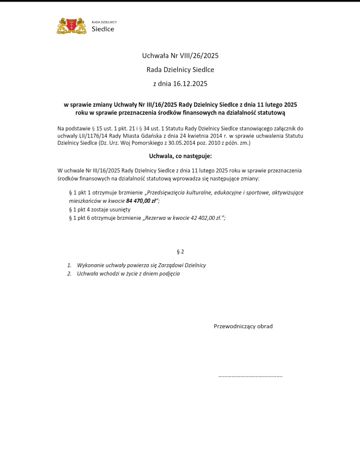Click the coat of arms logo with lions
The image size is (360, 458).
pyautogui.click(x=72, y=26)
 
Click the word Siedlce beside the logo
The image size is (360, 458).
pyautogui.click(x=103, y=29)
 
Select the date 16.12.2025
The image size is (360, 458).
pyautogui.click(x=190, y=84)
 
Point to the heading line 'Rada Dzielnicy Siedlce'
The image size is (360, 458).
pyautogui.click(x=180, y=70)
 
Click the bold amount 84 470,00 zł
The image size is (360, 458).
pyautogui.click(x=141, y=201)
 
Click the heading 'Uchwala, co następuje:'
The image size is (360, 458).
pyautogui.click(x=180, y=156)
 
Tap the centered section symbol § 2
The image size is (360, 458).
pyautogui.click(x=180, y=252)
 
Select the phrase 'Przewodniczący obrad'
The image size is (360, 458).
pyautogui.click(x=243, y=326)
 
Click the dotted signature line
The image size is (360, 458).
pyautogui.click(x=250, y=376)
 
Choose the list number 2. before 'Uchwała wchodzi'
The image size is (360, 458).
pyautogui.click(x=69, y=274)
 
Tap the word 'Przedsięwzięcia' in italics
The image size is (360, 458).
pyautogui.click(x=166, y=193)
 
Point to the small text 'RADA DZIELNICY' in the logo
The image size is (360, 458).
pyautogui.click(x=104, y=22)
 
